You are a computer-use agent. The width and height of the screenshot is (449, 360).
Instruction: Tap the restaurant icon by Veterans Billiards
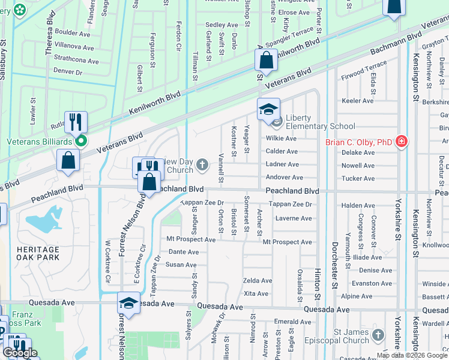76,122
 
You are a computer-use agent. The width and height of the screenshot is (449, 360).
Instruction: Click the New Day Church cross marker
203,164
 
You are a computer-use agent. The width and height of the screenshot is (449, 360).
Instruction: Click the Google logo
19,353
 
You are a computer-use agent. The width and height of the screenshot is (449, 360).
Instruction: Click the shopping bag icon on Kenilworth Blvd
265,61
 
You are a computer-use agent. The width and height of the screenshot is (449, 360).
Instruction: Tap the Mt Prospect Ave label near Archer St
288,242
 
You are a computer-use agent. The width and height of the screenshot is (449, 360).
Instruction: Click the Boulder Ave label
73,32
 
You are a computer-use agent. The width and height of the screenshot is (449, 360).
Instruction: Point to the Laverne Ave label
294,218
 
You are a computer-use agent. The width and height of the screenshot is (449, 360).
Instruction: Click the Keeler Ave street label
357,101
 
